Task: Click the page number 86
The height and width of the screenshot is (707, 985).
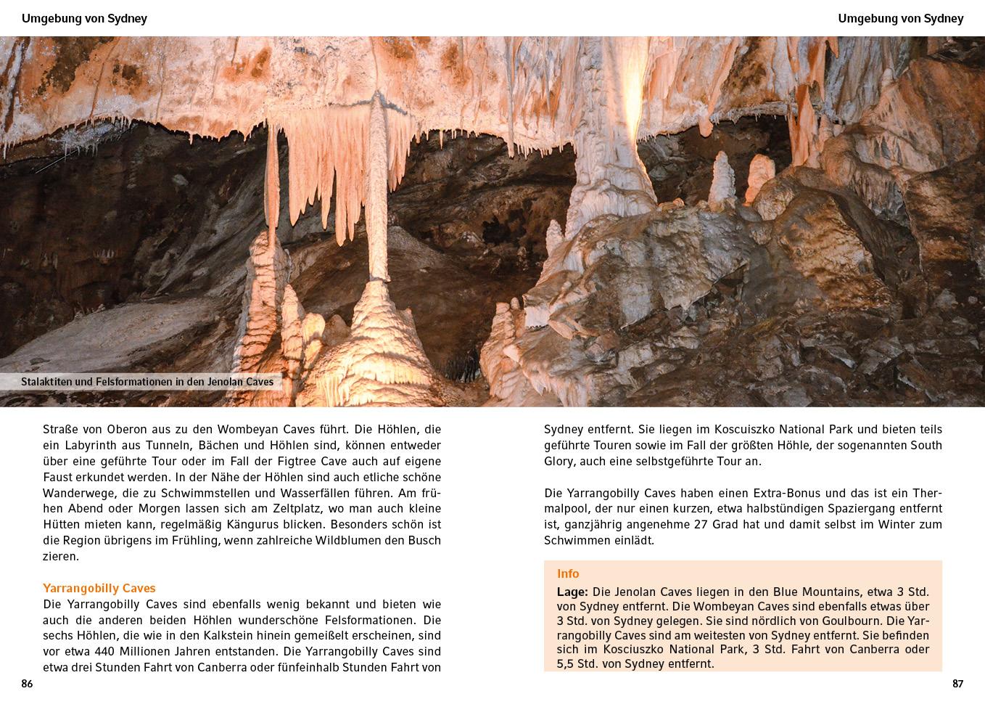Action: [27, 684]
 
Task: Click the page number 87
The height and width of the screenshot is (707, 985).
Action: [957, 684]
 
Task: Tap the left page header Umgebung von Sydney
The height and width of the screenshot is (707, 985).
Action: [84, 19]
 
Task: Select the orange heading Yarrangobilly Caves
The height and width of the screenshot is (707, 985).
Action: [99, 588]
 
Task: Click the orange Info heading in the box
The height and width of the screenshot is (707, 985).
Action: [568, 573]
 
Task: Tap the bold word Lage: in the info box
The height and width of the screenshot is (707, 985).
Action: [572, 592]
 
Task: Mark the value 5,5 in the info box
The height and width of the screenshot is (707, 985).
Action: [566, 663]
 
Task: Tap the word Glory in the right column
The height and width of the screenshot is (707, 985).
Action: [559, 461]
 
